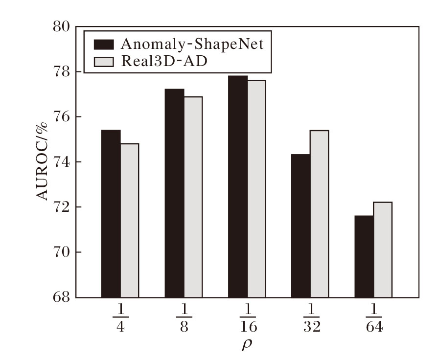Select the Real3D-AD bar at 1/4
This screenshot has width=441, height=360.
130,220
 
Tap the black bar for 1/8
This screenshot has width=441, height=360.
174,193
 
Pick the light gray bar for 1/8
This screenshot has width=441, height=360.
193,197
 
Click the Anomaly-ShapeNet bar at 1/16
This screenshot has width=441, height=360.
237,186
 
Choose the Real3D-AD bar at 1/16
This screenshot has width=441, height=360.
256,189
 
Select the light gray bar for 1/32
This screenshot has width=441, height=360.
319,214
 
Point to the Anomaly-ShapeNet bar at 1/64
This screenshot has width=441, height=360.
364,256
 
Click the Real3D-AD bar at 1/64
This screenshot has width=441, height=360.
382,249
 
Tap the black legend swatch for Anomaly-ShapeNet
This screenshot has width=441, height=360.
103,45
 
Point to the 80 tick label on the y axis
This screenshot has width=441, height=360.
62,26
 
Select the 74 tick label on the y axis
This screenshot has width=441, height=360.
62,162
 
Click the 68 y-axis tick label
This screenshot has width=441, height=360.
62,297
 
